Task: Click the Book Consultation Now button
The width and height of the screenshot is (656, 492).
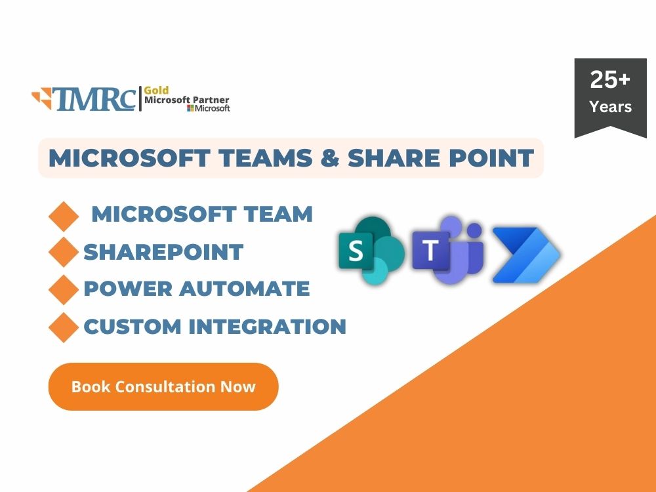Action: coord(163,386)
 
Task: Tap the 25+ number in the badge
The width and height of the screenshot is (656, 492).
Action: coord(610,80)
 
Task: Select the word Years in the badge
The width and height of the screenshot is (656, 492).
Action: coord(610,106)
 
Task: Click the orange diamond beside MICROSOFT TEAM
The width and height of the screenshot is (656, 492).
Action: coord(64,216)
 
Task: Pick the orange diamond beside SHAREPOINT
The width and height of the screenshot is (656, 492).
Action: coord(64,253)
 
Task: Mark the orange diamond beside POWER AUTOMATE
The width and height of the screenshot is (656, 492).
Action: coord(64,290)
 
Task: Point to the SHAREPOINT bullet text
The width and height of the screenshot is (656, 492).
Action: coord(163,252)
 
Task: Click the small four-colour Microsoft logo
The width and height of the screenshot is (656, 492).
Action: coord(190,108)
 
